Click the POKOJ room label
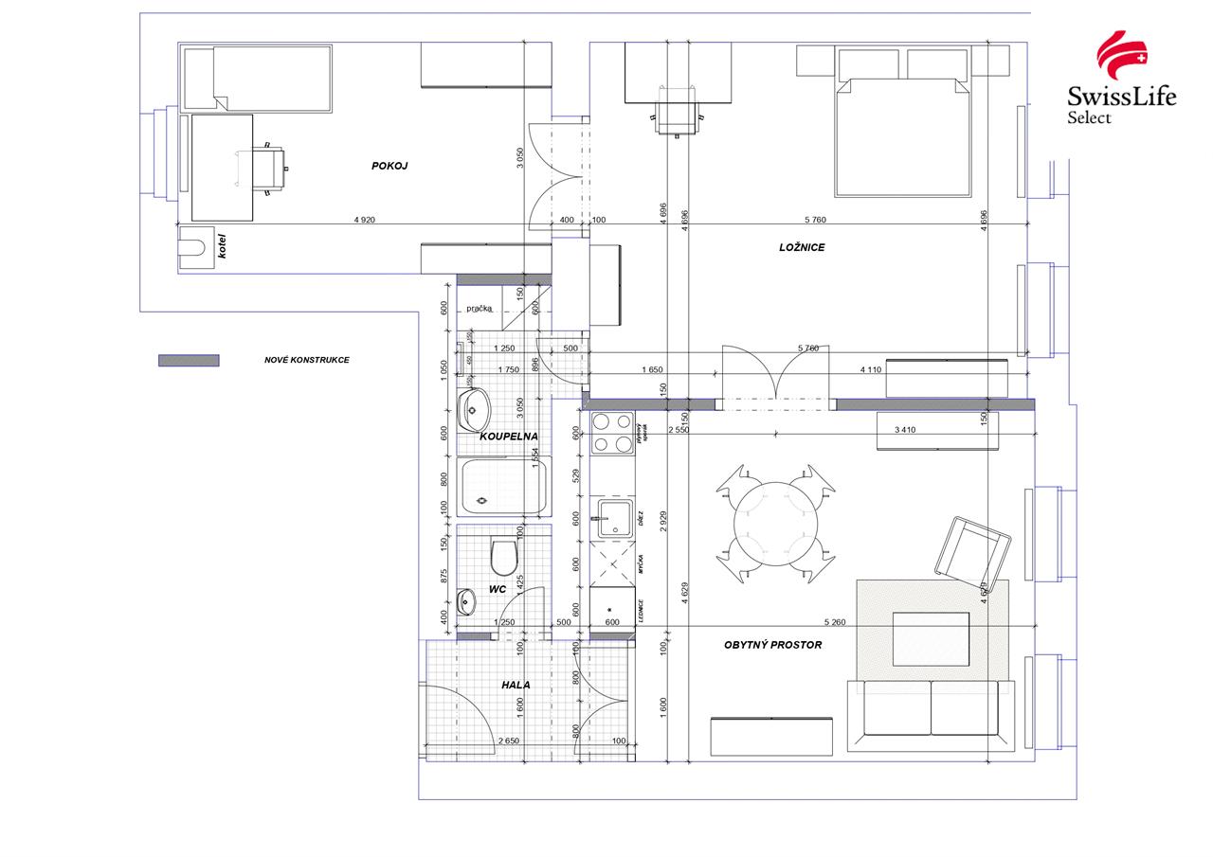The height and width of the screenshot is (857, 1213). [x=389, y=166]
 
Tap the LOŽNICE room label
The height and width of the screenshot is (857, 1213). [x=802, y=247]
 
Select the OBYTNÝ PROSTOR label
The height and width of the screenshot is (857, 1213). [x=772, y=645]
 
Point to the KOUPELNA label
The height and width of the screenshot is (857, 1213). [x=509, y=437]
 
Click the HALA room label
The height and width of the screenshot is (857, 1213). [x=516, y=685]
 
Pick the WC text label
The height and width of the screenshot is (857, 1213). [x=498, y=589]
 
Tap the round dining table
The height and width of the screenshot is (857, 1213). [x=777, y=524]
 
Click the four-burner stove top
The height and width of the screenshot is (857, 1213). [x=612, y=433]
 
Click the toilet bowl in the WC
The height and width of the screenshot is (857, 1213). [x=503, y=558]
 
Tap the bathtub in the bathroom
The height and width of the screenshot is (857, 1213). [x=502, y=487]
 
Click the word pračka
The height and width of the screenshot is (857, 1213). [x=479, y=309]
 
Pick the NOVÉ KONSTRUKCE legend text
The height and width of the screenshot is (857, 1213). [x=306, y=360]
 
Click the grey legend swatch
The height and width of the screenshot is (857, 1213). [x=189, y=361]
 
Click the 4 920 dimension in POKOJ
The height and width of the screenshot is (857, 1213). [x=364, y=220]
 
